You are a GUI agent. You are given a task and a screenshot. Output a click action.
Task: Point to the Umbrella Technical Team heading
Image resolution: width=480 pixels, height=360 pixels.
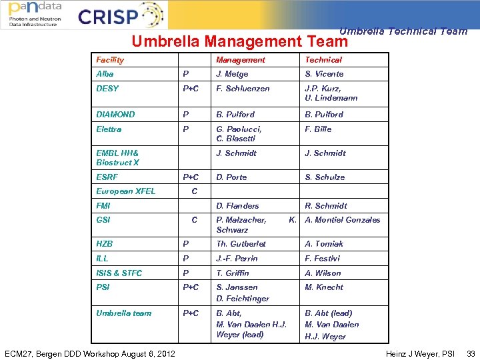403,31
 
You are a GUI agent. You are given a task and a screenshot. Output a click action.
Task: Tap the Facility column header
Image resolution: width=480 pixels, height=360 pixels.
110,60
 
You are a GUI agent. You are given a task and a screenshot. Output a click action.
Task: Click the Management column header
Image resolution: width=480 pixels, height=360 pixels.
241,60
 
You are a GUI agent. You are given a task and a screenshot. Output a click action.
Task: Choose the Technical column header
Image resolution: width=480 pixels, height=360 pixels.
323,60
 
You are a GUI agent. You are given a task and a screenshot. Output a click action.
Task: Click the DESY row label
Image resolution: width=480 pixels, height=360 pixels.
107,89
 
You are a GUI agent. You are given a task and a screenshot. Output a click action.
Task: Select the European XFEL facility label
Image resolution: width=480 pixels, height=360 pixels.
126,191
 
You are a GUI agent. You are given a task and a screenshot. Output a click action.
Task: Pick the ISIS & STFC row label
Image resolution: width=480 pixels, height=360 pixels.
119,273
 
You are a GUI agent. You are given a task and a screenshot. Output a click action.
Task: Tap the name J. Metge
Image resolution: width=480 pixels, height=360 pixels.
232,74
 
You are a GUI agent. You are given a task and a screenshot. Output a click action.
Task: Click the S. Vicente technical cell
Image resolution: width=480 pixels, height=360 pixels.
325,74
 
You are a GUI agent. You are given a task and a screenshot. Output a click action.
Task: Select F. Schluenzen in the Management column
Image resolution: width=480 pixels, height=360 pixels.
243,89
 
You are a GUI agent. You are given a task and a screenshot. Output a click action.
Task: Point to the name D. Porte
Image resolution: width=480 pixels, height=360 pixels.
231,177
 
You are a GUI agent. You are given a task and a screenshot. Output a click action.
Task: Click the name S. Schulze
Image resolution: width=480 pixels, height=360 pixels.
325,177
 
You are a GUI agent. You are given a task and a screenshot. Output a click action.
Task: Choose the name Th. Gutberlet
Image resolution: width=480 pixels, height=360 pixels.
241,244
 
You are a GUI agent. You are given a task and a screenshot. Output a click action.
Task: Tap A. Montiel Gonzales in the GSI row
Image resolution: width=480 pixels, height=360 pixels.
343,220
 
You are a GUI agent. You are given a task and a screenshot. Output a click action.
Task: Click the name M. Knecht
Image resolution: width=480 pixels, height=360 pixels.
324,287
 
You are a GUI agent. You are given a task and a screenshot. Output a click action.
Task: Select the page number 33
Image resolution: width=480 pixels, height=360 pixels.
471,353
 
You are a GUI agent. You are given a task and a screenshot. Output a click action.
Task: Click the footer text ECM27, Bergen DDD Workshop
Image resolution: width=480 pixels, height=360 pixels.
89,353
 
